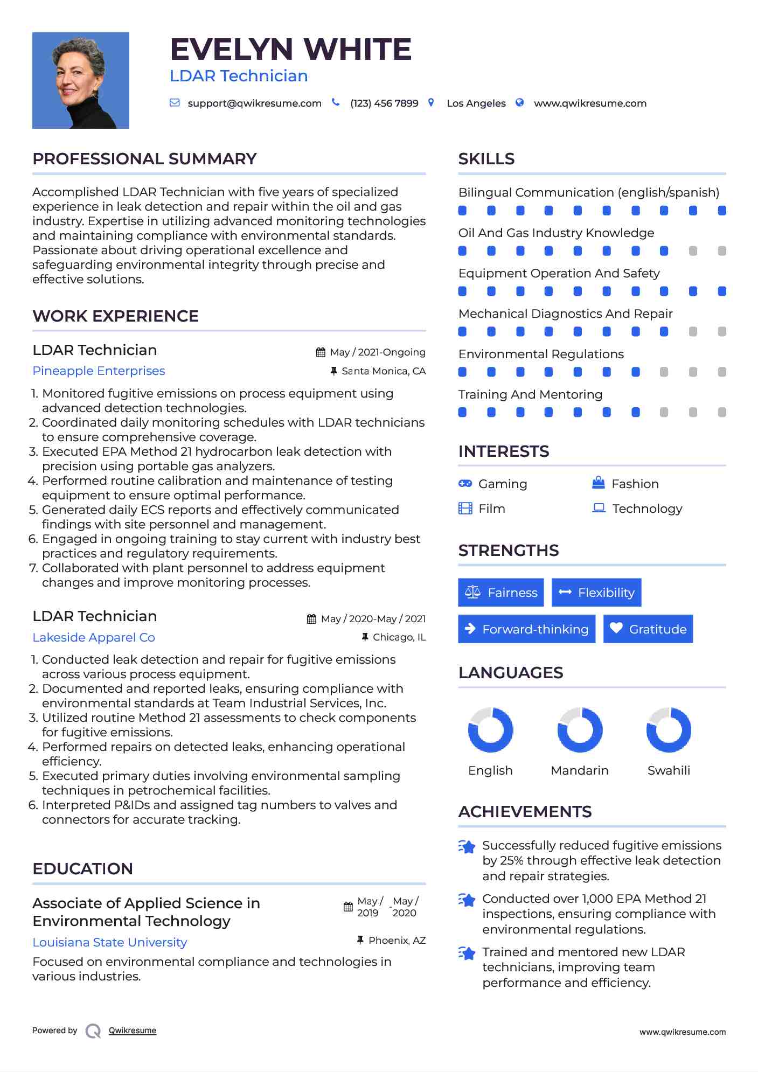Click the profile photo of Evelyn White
81,80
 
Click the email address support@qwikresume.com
254,103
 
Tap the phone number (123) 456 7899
384,103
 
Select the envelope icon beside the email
175,103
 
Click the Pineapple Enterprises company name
99,371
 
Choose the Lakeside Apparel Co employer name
94,638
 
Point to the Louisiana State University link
110,943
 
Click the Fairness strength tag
501,593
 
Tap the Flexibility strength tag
596,593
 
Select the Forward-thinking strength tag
526,629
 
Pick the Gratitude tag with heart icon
648,629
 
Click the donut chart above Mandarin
580,730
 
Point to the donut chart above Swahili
669,730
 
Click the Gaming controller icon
465,484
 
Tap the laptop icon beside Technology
599,508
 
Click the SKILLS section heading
486,159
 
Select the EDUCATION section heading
82,869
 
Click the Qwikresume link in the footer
133,1031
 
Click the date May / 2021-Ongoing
377,352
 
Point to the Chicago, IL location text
399,637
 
